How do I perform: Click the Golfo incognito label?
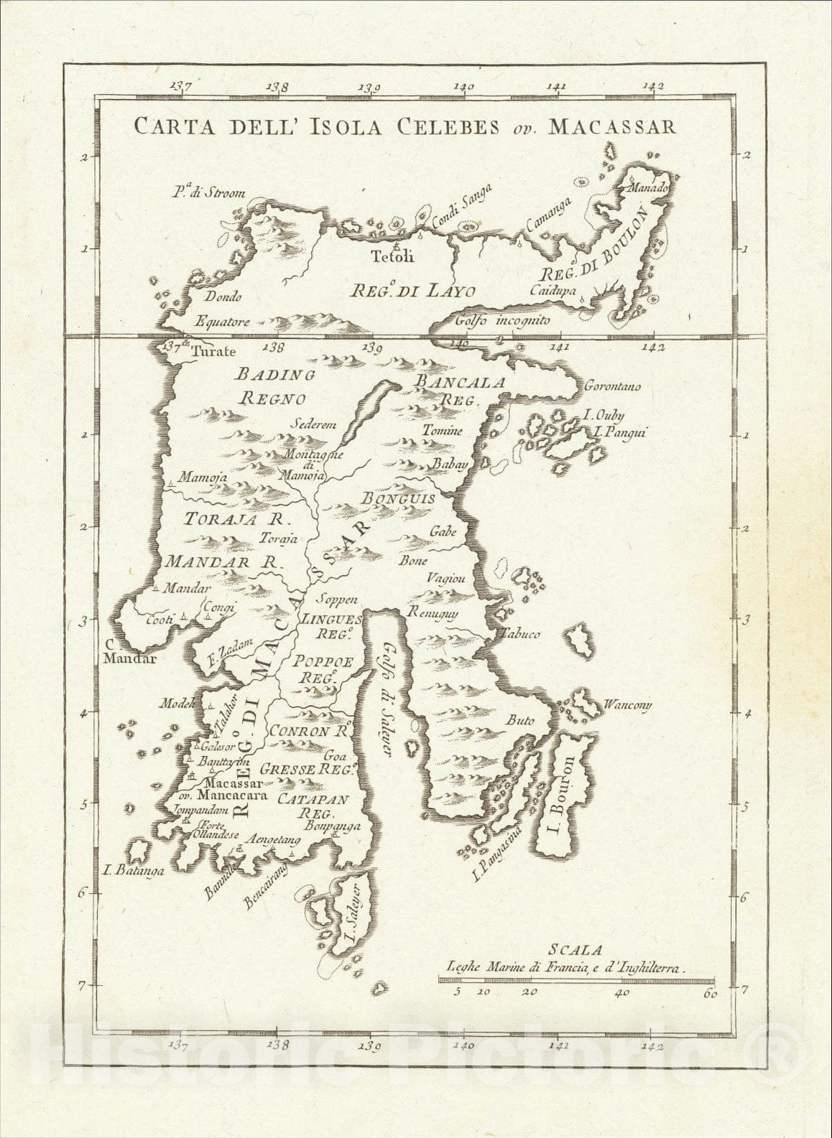(502, 321)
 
